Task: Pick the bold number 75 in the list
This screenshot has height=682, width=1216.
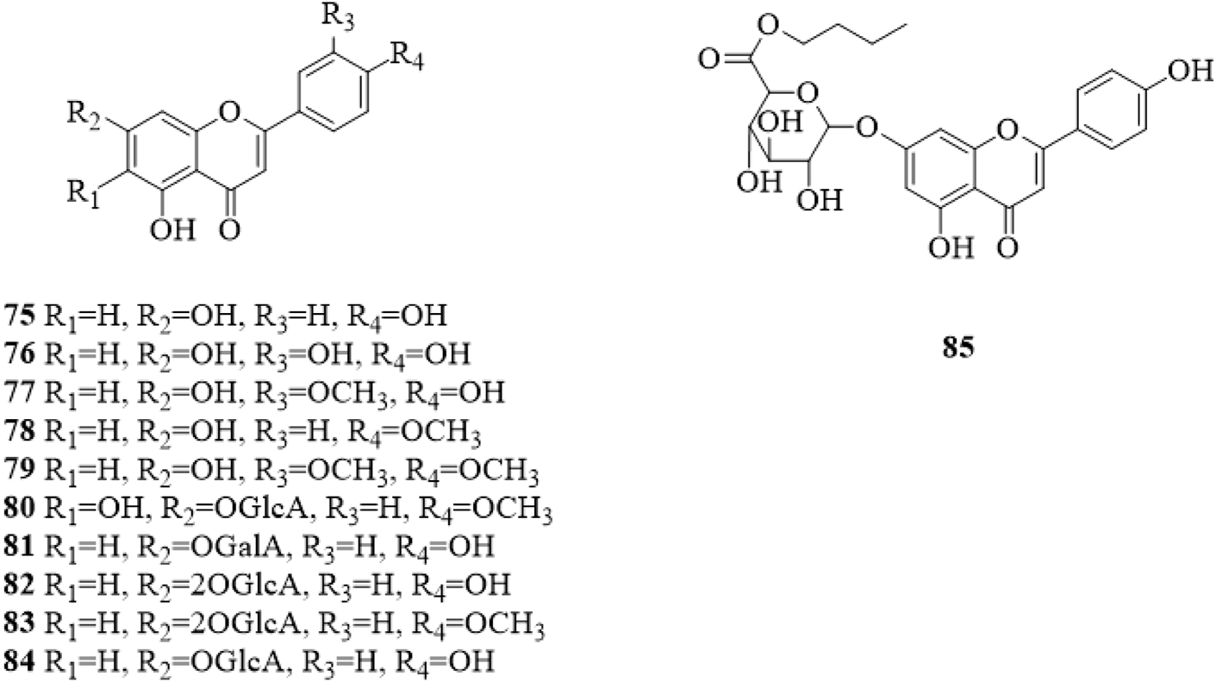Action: [x=22, y=316]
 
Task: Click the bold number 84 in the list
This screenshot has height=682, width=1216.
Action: [x=22, y=661]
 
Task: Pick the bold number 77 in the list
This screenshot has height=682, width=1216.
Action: [x=22, y=392]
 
